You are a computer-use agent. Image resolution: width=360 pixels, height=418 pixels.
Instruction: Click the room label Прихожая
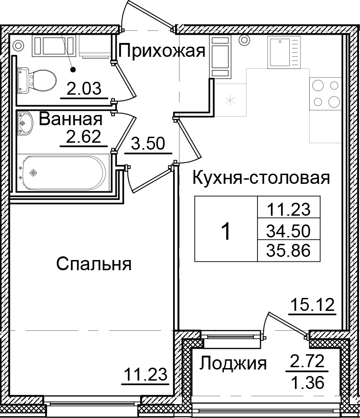[162, 51]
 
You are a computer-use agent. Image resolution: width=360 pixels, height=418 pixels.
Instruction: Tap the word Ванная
[70, 119]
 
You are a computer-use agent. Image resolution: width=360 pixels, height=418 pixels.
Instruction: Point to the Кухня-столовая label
[261, 177]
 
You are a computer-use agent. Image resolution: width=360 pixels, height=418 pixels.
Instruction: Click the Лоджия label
[233, 364]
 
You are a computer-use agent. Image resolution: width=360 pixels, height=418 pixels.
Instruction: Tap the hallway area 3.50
[148, 144]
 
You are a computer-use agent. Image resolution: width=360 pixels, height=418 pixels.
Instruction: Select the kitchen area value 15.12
[312, 305]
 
